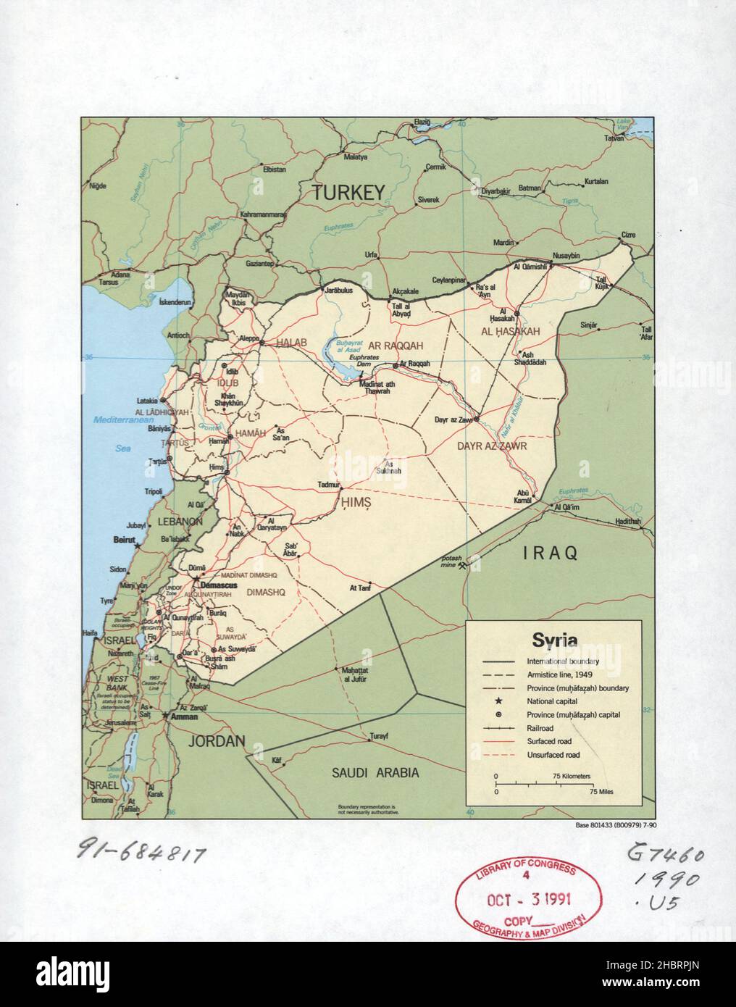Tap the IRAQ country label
(551, 553)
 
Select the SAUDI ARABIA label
(375, 773)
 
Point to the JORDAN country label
(217, 741)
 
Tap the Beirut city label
(125, 540)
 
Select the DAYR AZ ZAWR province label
(490, 447)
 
